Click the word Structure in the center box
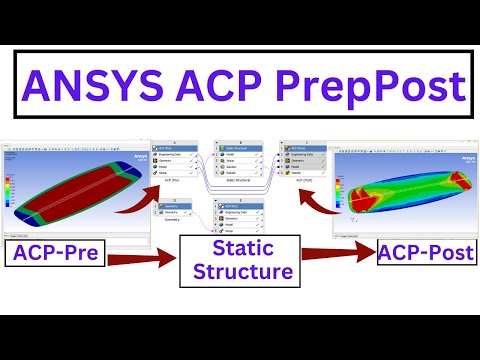click(239, 271)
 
